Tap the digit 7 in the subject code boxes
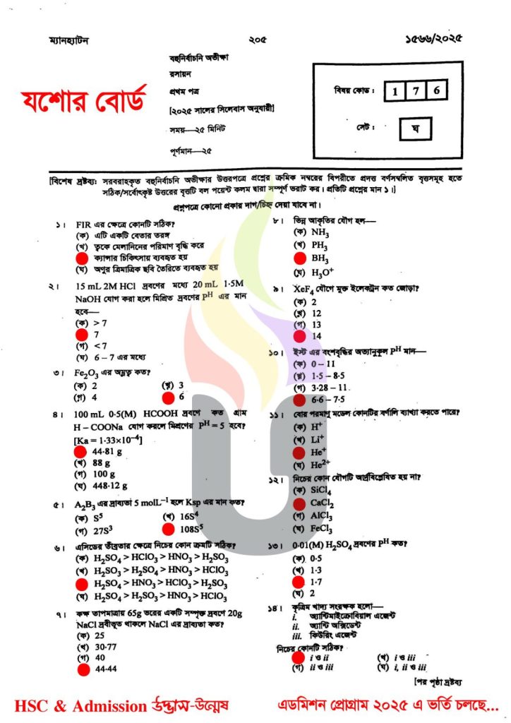pyautogui.click(x=418, y=90)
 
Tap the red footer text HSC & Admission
pyautogui.click(x=73, y=705)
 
